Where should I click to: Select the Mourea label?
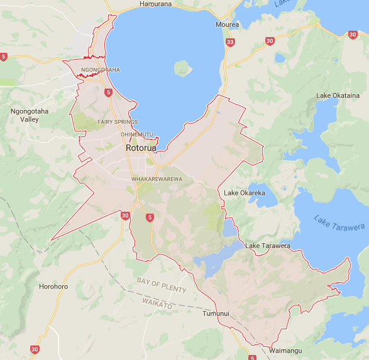coord(227,25)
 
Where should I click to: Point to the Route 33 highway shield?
coord(230,42)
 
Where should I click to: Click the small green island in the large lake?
coord(182,67)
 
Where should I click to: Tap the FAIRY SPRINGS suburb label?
coord(118,122)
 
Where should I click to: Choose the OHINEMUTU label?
coord(136,134)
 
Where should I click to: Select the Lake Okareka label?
coord(245,193)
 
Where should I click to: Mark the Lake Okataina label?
coord(338,95)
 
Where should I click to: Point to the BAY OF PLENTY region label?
coord(162,285)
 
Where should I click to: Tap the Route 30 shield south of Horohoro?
coord(34,349)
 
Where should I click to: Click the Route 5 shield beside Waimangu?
coord(252,357)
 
